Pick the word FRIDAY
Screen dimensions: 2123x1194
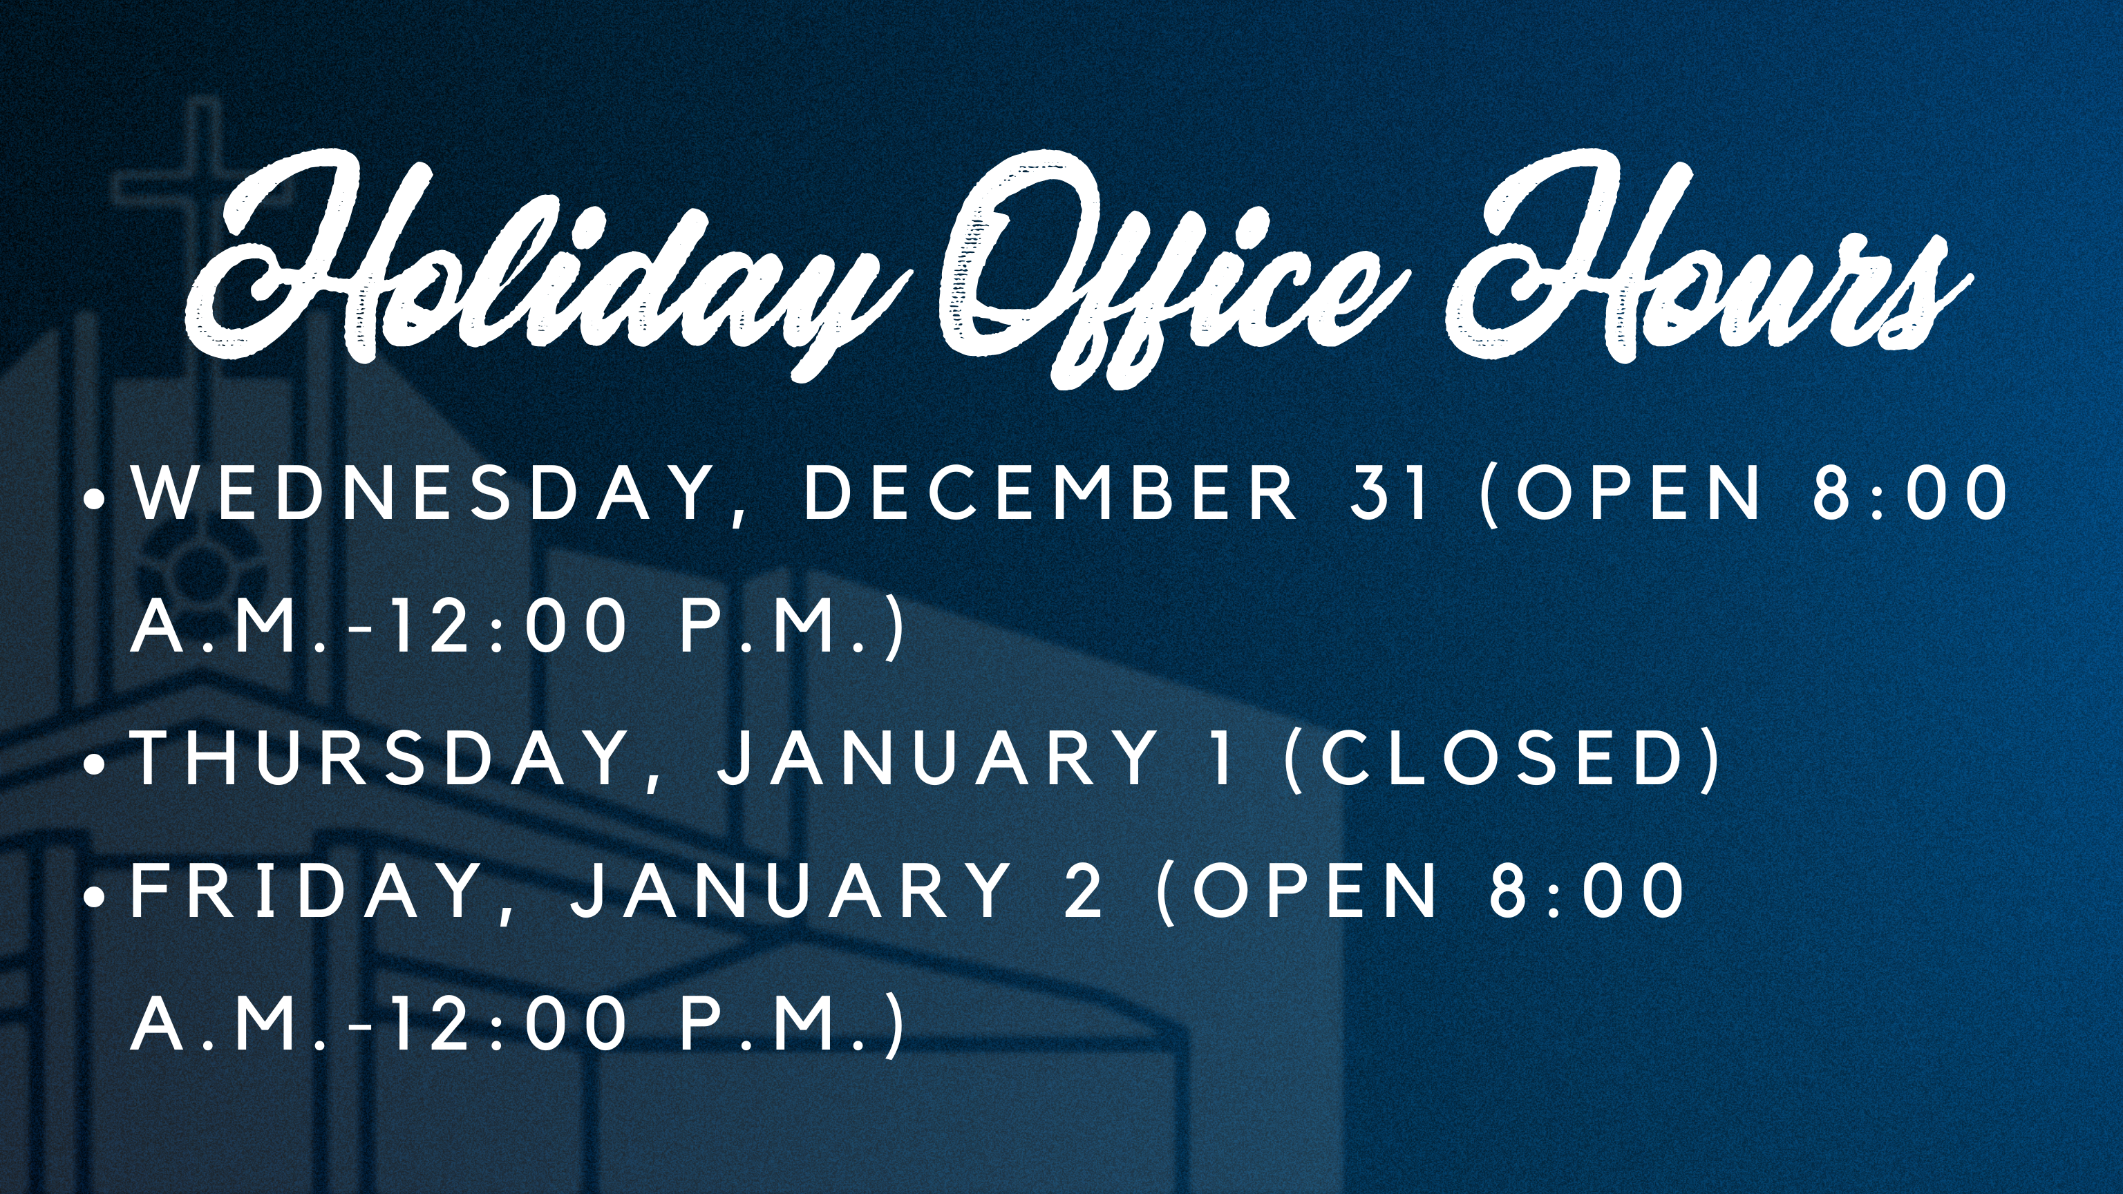tap(308, 891)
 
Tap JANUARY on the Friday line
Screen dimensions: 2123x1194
tap(792, 891)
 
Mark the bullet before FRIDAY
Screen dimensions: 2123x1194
tap(97, 895)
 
